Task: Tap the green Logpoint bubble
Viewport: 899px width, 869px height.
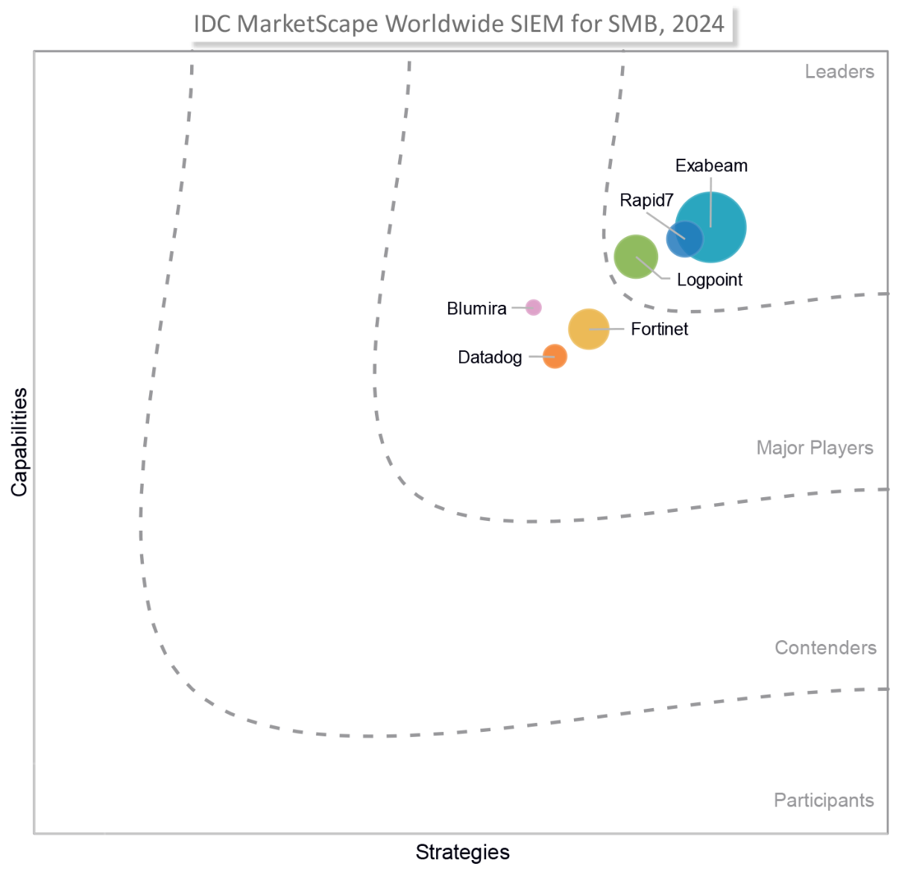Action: (x=634, y=256)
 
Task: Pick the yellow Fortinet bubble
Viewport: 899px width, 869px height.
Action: (x=588, y=329)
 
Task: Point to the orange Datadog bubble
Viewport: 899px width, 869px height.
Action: (x=555, y=356)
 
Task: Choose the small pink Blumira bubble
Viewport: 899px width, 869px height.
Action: (x=533, y=307)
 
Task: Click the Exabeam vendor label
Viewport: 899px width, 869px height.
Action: (x=711, y=165)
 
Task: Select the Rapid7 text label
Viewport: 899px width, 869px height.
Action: (x=646, y=200)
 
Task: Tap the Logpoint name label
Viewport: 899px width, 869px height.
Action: (x=710, y=279)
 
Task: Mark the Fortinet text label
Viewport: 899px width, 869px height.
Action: (x=659, y=329)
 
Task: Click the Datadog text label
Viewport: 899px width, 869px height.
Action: (x=490, y=357)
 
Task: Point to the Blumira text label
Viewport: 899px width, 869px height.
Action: (x=476, y=309)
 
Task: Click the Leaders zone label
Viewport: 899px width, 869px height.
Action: (x=839, y=72)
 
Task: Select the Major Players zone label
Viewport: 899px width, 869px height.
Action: (x=815, y=448)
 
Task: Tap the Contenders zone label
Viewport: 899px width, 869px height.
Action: (x=825, y=648)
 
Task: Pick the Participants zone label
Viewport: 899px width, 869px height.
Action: (x=824, y=800)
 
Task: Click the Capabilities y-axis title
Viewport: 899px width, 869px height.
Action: (x=19, y=442)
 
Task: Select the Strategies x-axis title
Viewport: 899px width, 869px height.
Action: (x=462, y=852)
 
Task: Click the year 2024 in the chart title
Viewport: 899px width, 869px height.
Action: (x=698, y=24)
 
